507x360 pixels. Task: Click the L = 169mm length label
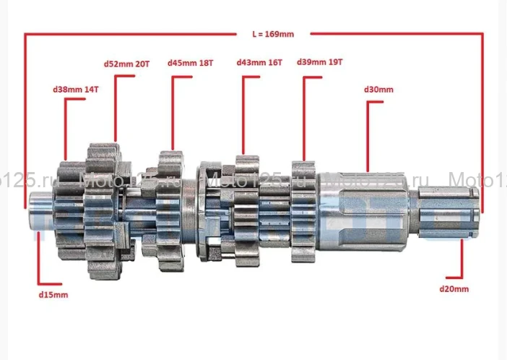(273, 34)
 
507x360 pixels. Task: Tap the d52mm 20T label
(127, 64)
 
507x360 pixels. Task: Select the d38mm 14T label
(76, 90)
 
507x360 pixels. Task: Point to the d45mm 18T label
(191, 63)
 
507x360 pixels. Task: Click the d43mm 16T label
(259, 62)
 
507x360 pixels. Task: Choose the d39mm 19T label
(319, 61)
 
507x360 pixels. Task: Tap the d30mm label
(378, 90)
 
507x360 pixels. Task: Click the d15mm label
(53, 295)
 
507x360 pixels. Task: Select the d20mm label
(454, 288)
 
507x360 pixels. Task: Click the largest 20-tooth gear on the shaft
(103, 210)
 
